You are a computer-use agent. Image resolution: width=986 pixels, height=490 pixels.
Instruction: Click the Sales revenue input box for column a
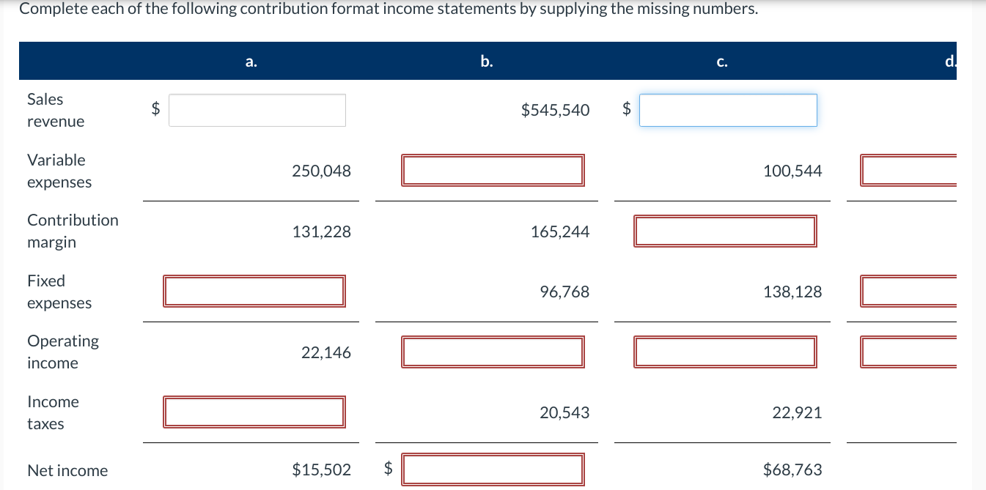[257, 110]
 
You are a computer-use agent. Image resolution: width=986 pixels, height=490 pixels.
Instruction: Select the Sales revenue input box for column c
[727, 110]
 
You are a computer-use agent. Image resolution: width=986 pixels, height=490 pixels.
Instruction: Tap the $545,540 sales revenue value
[555, 111]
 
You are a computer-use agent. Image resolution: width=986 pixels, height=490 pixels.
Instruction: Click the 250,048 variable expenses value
[321, 171]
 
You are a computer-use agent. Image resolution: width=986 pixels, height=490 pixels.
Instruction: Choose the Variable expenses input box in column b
[493, 170]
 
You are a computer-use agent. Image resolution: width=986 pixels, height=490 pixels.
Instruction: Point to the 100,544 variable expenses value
[792, 171]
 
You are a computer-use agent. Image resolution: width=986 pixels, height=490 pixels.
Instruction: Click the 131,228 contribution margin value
[321, 232]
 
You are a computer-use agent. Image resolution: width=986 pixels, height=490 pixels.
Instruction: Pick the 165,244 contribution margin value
[559, 232]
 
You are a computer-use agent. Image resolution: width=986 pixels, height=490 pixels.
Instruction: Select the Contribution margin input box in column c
[725, 231]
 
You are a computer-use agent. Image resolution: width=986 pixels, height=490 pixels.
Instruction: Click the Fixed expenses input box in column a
[254, 291]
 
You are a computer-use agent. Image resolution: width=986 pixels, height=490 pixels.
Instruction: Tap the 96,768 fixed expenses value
[564, 292]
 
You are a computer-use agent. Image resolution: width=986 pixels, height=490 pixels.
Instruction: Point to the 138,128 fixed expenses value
[792, 292]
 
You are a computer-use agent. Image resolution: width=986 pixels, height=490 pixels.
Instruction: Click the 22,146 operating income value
[325, 353]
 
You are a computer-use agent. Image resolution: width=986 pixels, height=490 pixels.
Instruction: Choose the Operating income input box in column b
[493, 352]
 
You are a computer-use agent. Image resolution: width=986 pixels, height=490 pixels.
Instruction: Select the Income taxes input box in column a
[254, 412]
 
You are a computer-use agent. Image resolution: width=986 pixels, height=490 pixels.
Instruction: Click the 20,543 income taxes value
[564, 413]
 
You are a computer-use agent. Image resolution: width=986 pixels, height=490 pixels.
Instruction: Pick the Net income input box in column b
[493, 469]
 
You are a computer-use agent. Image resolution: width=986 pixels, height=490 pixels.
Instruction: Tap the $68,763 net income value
[792, 470]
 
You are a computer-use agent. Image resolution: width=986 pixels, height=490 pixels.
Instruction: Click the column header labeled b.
[487, 62]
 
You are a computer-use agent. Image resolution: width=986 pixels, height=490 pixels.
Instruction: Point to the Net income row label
[67, 471]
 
